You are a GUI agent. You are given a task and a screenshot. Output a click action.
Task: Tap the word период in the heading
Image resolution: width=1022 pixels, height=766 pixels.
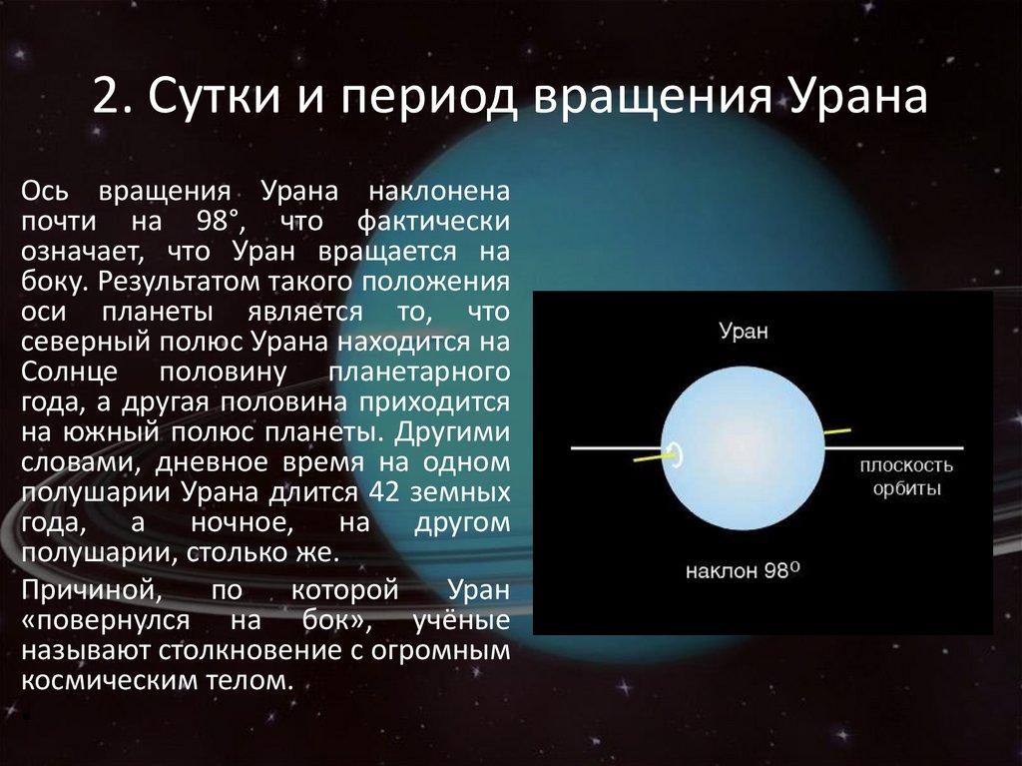click(428, 99)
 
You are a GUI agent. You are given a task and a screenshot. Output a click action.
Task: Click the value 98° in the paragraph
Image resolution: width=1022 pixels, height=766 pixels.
click(219, 221)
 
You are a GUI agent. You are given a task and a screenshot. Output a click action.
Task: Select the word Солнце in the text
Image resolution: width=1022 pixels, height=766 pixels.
click(69, 372)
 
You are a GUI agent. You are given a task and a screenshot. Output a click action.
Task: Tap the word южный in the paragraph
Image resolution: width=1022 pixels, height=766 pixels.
click(112, 431)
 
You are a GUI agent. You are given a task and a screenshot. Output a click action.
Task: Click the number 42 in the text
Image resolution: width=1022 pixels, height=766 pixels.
click(383, 491)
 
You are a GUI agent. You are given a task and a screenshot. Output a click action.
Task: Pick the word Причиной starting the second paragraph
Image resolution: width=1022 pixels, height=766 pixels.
click(91, 590)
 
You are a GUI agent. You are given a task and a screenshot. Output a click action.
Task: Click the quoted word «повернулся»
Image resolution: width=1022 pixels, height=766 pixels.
click(106, 620)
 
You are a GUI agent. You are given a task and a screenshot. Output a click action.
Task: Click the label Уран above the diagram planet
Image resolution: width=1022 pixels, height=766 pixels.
click(744, 332)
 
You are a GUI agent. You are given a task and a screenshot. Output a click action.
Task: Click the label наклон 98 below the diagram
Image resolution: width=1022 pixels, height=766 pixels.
click(743, 571)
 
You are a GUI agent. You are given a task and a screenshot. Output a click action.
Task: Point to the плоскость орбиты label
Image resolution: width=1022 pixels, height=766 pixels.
click(906, 477)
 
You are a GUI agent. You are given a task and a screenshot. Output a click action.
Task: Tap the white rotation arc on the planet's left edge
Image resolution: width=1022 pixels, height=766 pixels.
click(678, 454)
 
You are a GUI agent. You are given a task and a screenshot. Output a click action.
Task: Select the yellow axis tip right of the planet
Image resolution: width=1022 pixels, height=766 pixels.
click(837, 431)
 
